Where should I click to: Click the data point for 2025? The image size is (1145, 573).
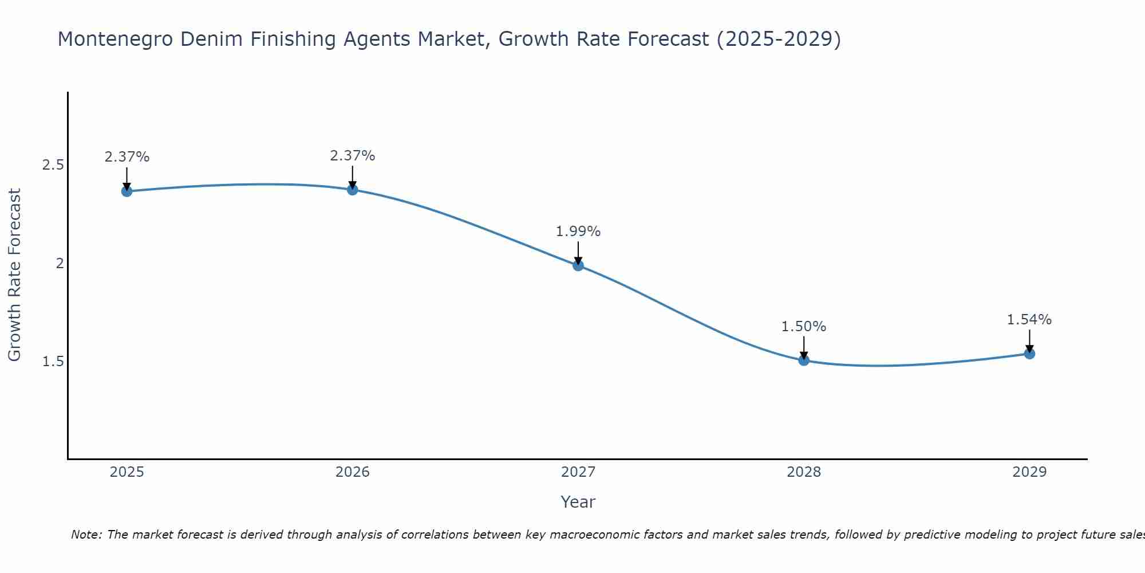pos(127,191)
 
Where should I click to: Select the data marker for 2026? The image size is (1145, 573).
pos(353,190)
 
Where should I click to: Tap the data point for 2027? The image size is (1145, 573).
pos(578,265)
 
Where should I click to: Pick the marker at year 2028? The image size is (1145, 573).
pos(804,360)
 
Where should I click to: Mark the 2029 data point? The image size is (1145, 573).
pos(1029,354)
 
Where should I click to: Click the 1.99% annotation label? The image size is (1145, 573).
pos(578,231)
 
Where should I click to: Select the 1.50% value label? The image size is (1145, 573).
pos(804,327)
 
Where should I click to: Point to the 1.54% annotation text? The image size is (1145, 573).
pos(1029,320)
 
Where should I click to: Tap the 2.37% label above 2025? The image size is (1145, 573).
pos(127,157)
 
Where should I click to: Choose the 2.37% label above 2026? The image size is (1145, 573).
pos(353,156)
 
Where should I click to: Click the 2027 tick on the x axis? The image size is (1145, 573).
pos(578,472)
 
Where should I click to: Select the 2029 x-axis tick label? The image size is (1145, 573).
pos(1029,472)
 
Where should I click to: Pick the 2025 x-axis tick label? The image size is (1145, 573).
pos(127,472)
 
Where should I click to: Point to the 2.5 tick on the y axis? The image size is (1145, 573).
pos(53,165)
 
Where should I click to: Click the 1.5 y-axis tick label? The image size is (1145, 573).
pos(53,362)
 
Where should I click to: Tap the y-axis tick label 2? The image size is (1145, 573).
pos(59,264)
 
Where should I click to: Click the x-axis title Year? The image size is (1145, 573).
pos(578,502)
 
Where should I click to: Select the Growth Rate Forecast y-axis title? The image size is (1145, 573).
pos(15,275)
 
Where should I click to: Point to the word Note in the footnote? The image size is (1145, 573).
pos(86,535)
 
